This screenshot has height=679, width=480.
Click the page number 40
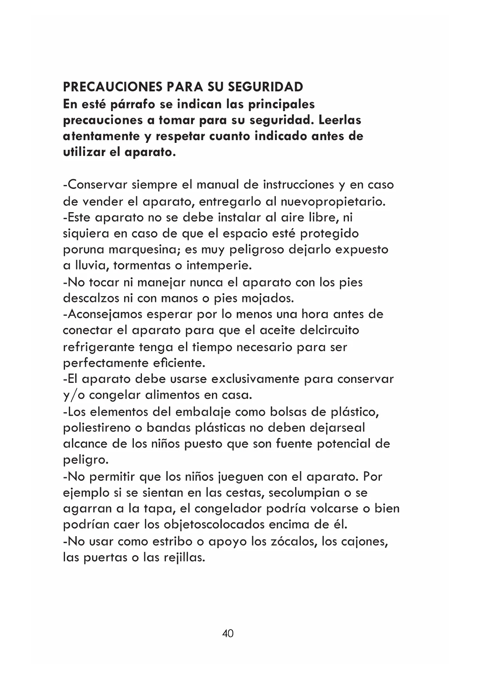point(228,634)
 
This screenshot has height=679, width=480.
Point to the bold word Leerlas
point(340,120)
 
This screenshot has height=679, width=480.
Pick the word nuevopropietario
point(333,202)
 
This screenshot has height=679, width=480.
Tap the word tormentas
point(142,266)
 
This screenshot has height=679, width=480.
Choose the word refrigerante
point(99,347)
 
